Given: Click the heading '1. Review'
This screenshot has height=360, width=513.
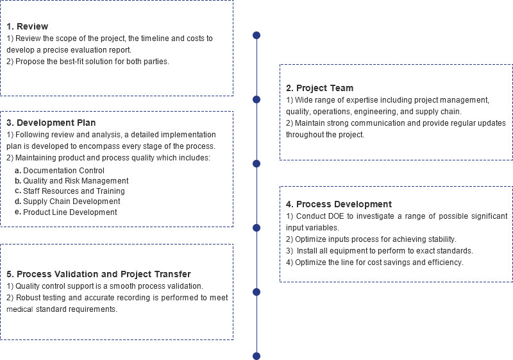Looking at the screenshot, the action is [x=28, y=26].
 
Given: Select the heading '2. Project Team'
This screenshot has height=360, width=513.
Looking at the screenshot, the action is [x=319, y=88].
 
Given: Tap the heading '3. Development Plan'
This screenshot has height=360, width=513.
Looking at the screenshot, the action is [x=51, y=123].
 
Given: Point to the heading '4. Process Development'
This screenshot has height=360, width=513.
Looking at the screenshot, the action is [x=339, y=204].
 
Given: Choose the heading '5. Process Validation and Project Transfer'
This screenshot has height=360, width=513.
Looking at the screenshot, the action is [x=99, y=274].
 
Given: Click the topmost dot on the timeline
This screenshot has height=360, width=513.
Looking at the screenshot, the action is [x=257, y=35].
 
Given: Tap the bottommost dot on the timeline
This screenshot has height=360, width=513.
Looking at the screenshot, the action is [x=257, y=356].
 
